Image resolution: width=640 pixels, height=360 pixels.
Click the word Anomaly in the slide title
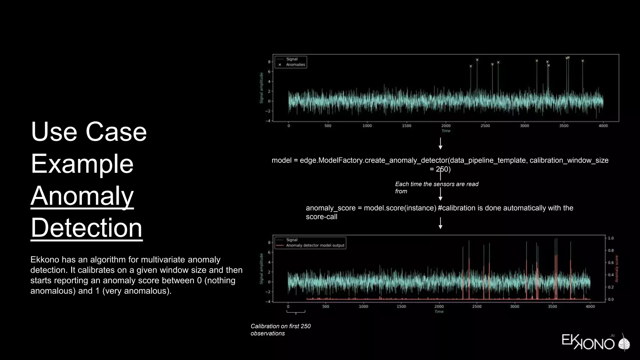click(x=82, y=196)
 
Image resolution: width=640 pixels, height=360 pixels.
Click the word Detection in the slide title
click(x=87, y=228)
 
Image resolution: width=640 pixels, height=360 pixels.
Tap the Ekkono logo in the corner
click(x=595, y=342)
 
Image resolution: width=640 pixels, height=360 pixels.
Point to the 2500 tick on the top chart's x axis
click(x=485, y=126)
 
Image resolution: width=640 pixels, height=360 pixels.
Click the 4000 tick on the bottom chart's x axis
click(x=590, y=307)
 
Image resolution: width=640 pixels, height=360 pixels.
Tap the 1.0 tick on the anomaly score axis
click(x=611, y=238)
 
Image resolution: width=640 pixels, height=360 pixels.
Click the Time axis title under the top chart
click(x=446, y=131)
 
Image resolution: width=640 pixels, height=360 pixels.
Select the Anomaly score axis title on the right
click(x=617, y=269)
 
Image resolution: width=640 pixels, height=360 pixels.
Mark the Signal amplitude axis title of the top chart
click(x=261, y=88)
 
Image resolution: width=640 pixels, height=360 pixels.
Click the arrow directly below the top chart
click(x=440, y=144)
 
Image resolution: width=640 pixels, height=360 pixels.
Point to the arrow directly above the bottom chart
click(x=440, y=223)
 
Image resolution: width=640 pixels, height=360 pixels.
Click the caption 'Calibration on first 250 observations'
click(x=280, y=330)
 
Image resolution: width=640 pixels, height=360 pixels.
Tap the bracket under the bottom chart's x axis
click(x=296, y=312)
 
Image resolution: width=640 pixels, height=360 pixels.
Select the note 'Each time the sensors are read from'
click(x=436, y=187)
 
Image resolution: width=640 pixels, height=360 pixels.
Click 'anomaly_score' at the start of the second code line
click(x=331, y=208)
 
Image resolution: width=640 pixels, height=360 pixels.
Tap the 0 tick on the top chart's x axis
click(x=289, y=126)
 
